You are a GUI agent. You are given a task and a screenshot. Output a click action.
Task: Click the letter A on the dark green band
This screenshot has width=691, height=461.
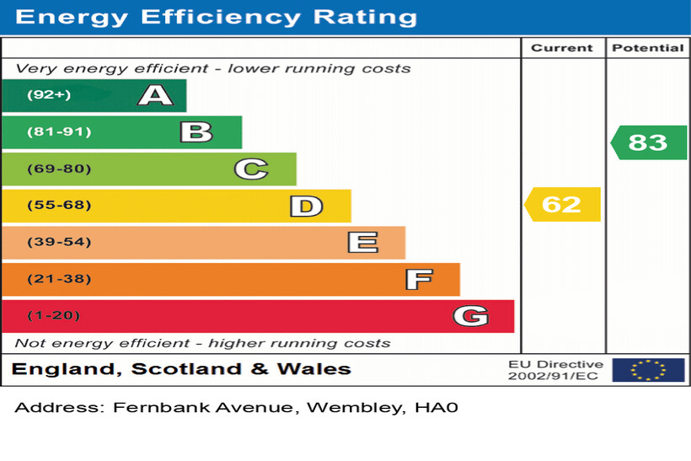click(x=155, y=95)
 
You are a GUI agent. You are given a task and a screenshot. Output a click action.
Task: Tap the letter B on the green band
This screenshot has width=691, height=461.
click(x=196, y=132)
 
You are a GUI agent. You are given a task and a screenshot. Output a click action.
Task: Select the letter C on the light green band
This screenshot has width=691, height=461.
click(x=250, y=169)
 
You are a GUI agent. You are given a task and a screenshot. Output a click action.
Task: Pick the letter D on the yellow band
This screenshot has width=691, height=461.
click(x=306, y=206)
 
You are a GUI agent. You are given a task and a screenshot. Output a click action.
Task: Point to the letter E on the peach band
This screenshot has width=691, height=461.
click(x=362, y=243)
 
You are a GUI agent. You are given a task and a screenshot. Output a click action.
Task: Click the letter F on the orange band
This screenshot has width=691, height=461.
click(x=418, y=279)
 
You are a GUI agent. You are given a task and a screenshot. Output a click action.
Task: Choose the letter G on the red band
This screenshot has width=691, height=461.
click(x=470, y=316)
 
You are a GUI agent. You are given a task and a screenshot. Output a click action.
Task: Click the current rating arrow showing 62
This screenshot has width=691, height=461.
click(x=562, y=205)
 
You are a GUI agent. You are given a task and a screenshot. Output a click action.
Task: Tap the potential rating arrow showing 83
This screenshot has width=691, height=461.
click(x=648, y=142)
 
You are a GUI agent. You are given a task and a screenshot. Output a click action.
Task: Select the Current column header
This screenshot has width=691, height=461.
click(x=562, y=48)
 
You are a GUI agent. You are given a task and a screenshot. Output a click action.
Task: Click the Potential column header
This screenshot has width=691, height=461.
click(x=647, y=48)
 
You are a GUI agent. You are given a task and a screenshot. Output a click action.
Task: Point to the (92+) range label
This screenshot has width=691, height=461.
click(x=49, y=95)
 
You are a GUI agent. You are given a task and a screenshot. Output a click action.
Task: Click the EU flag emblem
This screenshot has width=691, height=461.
click(x=648, y=370)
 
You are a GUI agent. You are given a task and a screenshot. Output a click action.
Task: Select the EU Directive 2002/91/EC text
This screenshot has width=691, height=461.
click(x=555, y=370)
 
